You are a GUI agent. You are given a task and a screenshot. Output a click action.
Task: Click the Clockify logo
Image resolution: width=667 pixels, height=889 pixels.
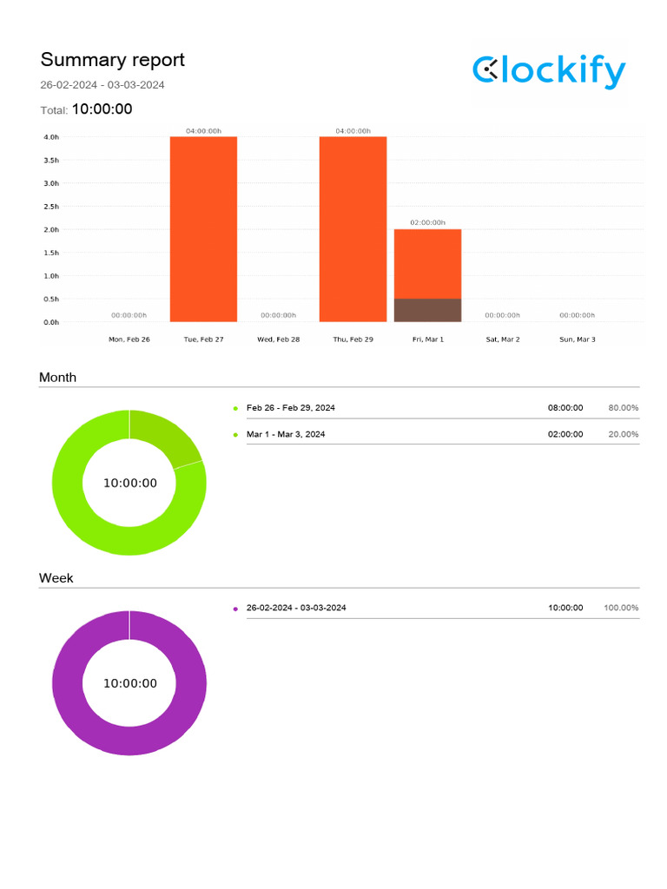[549, 71]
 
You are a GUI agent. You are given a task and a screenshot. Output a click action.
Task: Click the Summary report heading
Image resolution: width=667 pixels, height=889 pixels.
[112, 60]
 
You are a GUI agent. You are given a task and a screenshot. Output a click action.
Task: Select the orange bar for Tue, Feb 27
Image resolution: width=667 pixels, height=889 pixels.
[203, 229]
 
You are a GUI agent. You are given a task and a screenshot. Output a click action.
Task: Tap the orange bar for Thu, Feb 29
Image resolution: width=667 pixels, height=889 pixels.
[353, 229]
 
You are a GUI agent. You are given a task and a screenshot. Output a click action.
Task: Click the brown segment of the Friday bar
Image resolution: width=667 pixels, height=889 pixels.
[427, 310]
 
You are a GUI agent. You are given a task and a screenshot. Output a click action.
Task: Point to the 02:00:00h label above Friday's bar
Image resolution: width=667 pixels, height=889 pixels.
[427, 223]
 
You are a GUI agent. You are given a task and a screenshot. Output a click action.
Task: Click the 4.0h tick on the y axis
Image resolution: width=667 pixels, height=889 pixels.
[50, 137]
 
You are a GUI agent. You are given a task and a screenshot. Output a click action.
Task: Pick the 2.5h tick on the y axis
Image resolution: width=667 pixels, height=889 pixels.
[50, 207]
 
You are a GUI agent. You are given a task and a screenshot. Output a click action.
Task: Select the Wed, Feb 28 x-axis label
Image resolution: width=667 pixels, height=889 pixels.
[278, 339]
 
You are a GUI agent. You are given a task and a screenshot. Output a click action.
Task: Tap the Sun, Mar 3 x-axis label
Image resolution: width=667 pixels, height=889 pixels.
[577, 339]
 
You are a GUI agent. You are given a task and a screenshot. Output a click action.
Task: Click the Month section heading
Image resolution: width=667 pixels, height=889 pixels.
[57, 378]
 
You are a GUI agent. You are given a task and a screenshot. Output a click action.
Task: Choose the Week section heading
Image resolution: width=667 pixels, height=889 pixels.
[56, 578]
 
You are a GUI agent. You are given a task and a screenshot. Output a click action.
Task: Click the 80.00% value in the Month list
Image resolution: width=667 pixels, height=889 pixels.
[623, 408]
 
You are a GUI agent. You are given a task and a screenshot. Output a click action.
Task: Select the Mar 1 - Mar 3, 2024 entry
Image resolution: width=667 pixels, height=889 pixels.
[286, 434]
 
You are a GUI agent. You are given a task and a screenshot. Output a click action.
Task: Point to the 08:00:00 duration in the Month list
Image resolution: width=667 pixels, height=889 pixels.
[565, 408]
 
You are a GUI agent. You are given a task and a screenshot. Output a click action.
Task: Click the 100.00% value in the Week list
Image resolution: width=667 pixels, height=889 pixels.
[621, 608]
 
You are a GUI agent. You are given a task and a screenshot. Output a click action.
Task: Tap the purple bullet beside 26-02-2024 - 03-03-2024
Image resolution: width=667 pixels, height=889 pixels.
[235, 609]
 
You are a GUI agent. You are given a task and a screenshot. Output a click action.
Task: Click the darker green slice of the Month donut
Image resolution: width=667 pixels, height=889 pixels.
[164, 437]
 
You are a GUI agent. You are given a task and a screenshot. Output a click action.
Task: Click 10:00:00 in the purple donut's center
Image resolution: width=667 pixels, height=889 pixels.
[130, 683]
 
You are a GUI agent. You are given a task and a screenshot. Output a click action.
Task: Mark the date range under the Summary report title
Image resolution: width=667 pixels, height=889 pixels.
[102, 85]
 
